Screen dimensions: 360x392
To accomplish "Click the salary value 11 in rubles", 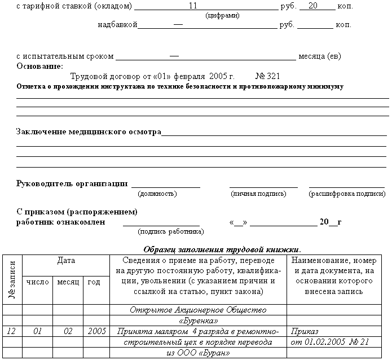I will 193,6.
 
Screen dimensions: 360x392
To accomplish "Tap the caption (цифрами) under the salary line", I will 223,16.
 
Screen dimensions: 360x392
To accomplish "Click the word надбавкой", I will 117,25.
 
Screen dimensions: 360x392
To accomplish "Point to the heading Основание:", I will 39,66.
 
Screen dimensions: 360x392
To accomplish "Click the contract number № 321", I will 267,76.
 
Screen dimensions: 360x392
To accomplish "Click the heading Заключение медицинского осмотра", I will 89,132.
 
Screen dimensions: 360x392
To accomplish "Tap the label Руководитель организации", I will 72,183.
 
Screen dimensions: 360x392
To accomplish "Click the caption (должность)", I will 157,194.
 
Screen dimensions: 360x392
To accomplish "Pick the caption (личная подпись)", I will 258,194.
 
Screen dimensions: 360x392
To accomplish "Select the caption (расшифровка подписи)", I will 347,194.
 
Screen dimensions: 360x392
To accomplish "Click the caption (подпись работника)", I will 171,231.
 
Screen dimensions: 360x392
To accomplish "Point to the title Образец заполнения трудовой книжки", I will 222,249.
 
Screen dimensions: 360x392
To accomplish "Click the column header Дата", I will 66,261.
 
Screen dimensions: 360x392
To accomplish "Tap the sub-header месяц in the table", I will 68,281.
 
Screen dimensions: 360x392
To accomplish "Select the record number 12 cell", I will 11,331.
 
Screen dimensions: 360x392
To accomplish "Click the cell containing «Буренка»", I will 198,321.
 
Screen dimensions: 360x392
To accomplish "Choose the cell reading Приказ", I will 305,331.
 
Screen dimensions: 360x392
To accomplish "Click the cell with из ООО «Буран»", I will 198,353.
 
